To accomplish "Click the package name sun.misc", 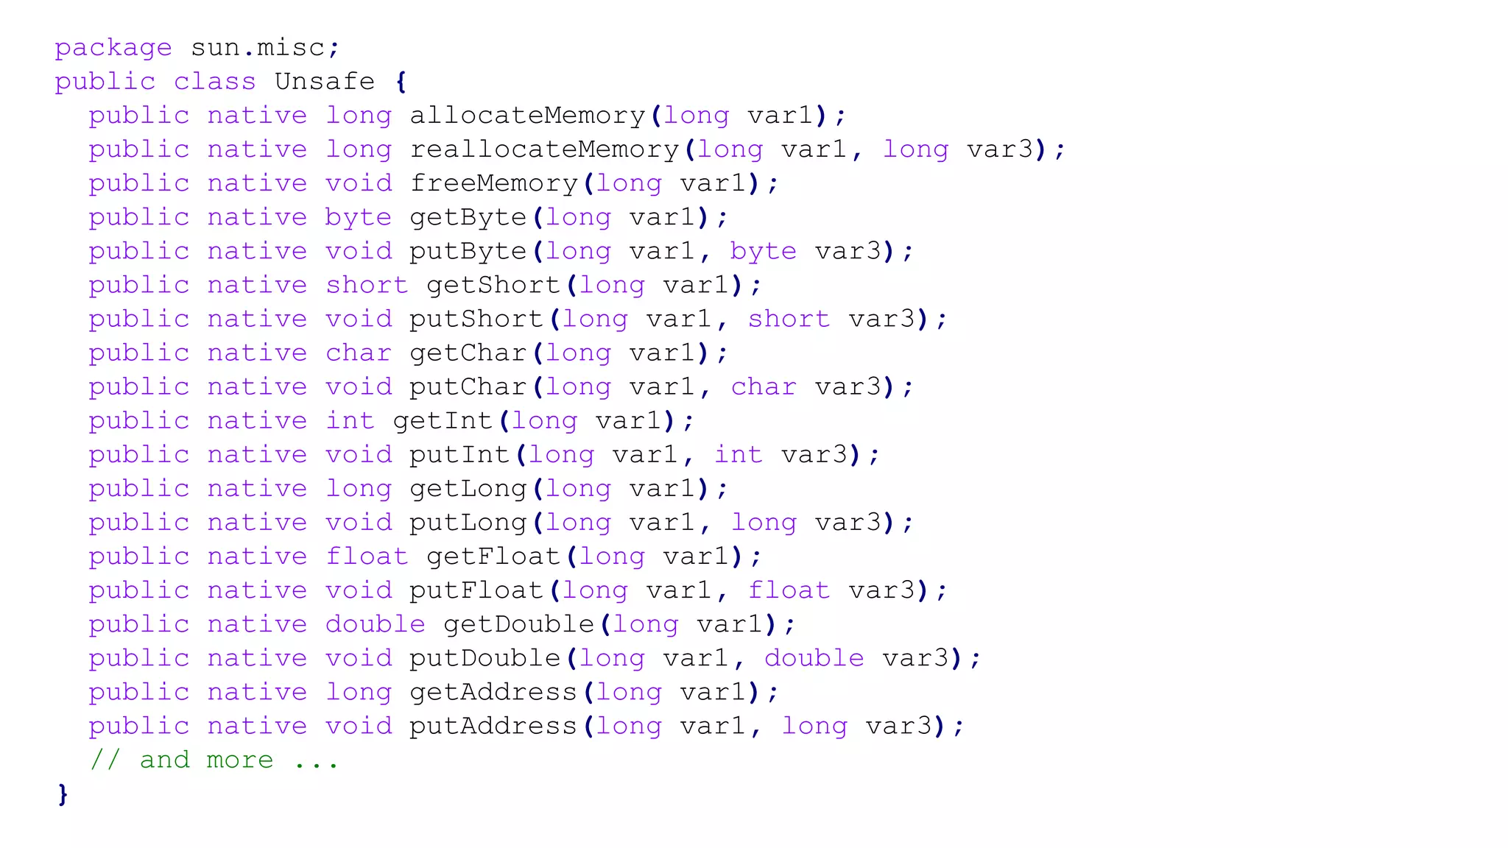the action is (x=258, y=48).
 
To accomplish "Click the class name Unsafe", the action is (x=325, y=82).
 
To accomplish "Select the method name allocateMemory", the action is (x=527, y=116).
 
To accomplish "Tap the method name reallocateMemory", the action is (x=544, y=149).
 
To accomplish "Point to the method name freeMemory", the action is (x=493, y=183).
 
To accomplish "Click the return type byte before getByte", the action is (x=359, y=218).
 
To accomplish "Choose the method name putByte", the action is (x=468, y=251).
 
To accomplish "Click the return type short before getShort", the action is (x=367, y=285).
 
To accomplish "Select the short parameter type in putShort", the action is (x=789, y=319).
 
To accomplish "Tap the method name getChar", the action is (x=468, y=353).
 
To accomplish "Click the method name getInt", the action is (x=443, y=420).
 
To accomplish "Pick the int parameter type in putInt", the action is (x=739, y=454).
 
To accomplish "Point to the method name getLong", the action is (x=468, y=489).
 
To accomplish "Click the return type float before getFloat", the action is (x=367, y=556).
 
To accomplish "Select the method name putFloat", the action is (x=476, y=590).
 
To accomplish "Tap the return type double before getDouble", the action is (x=376, y=624).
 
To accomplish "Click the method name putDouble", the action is (x=485, y=658).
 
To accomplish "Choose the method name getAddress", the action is (x=493, y=692).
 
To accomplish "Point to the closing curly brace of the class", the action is (x=63, y=794).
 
